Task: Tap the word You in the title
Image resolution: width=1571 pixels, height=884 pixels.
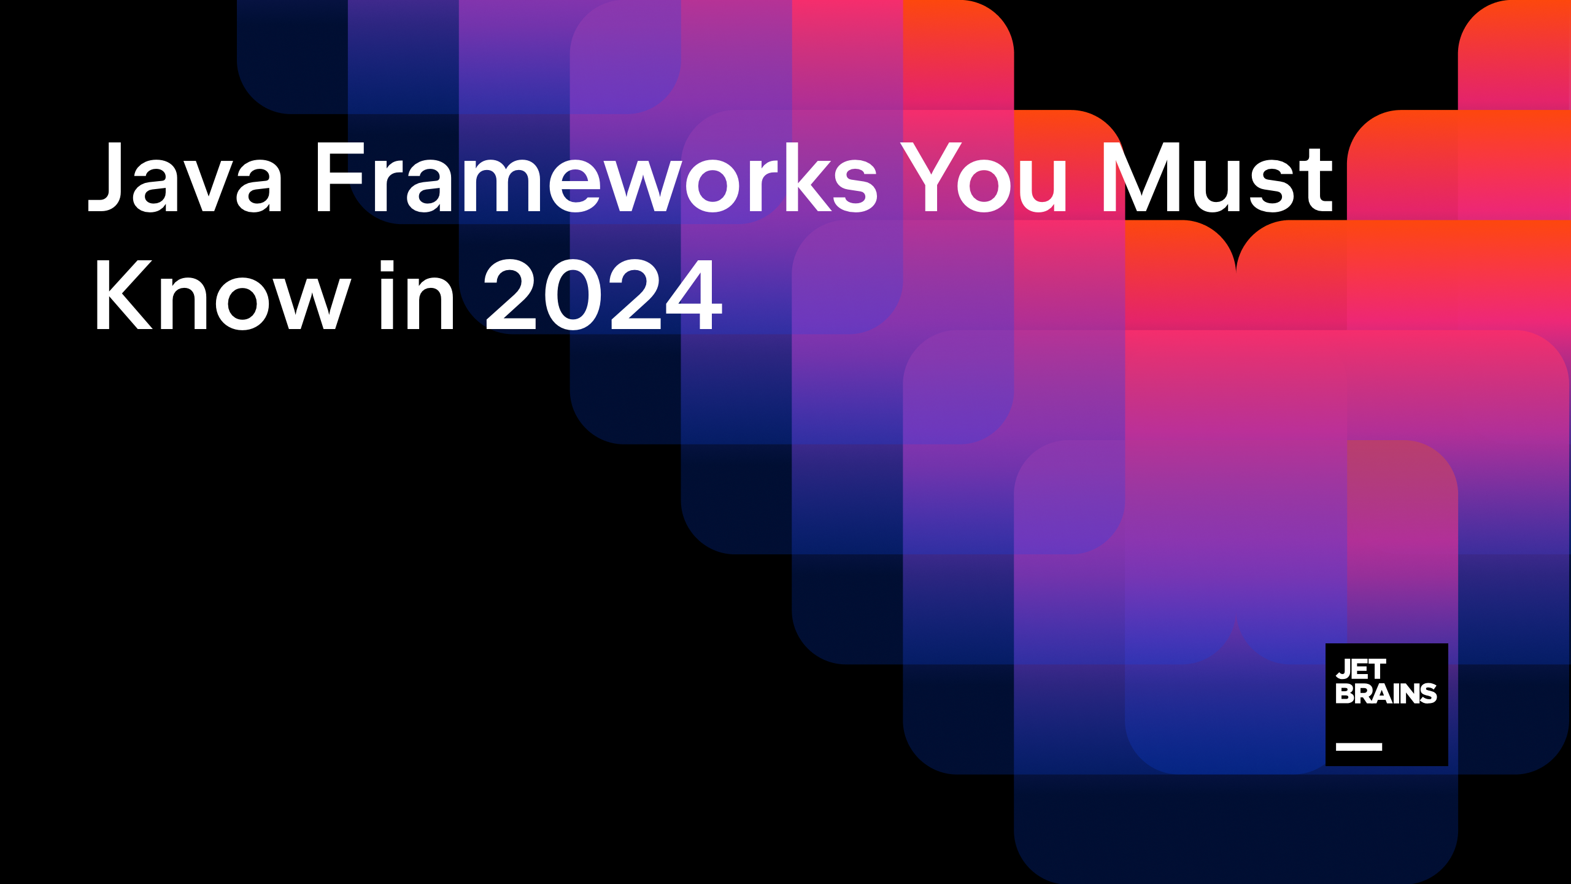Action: [x=984, y=177]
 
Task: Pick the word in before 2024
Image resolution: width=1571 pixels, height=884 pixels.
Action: [x=417, y=295]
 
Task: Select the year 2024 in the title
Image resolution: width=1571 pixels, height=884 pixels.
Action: [x=603, y=295]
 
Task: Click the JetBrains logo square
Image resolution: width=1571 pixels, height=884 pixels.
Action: [x=1386, y=704]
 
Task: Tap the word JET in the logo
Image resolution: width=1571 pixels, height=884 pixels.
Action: [x=1361, y=669]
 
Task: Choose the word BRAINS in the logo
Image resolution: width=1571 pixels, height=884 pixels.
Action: [x=1386, y=694]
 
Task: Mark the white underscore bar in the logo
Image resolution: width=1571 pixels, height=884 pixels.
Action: [x=1359, y=746]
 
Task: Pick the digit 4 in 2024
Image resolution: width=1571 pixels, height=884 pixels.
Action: [x=694, y=295]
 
